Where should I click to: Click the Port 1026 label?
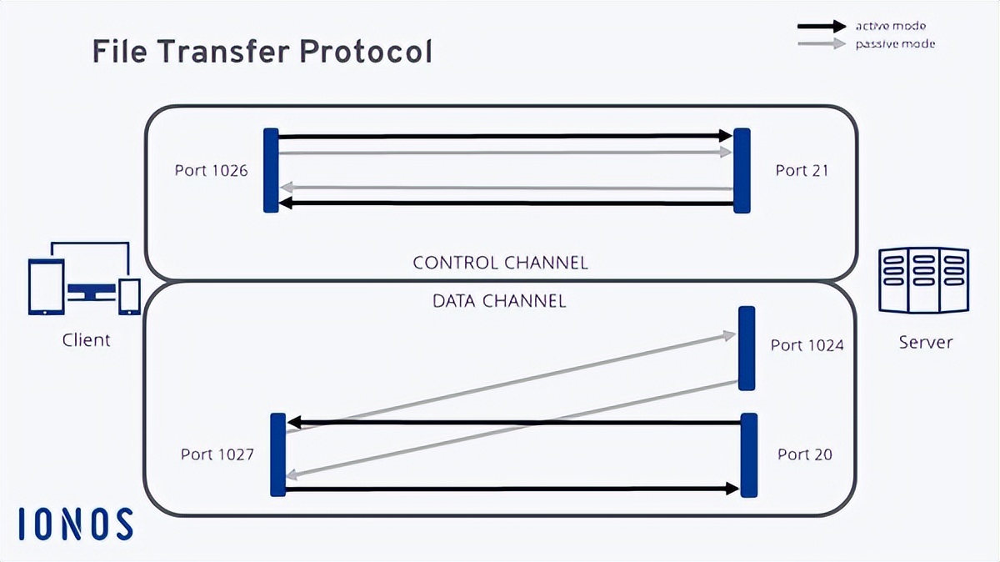click(211, 170)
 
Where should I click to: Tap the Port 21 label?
click(802, 170)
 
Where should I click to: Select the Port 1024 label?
click(807, 344)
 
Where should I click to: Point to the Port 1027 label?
click(217, 454)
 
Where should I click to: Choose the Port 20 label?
click(804, 454)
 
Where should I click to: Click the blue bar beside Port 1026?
click(271, 170)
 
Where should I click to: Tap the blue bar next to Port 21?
click(742, 170)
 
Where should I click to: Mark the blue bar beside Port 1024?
click(747, 349)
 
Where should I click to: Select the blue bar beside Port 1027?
click(278, 454)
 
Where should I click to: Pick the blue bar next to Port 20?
click(749, 454)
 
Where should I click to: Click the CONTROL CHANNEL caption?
click(500, 263)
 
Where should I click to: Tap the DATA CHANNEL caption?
click(499, 300)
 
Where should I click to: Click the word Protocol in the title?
click(366, 53)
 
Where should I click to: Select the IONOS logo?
click(76, 524)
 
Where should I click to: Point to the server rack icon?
click(924, 279)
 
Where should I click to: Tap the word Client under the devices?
click(86, 340)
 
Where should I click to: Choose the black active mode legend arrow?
click(821, 27)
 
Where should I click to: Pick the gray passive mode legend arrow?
click(821, 43)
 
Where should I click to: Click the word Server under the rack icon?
click(925, 342)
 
